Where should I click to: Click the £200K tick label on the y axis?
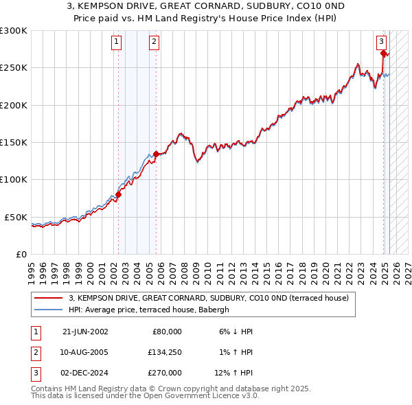click(14, 105)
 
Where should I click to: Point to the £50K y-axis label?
click(16, 217)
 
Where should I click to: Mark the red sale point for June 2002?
click(118, 194)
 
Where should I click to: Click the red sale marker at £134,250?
click(157, 154)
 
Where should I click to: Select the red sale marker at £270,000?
click(383, 53)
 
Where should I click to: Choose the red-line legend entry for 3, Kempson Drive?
click(209, 298)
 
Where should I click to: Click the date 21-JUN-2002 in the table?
click(85, 332)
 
